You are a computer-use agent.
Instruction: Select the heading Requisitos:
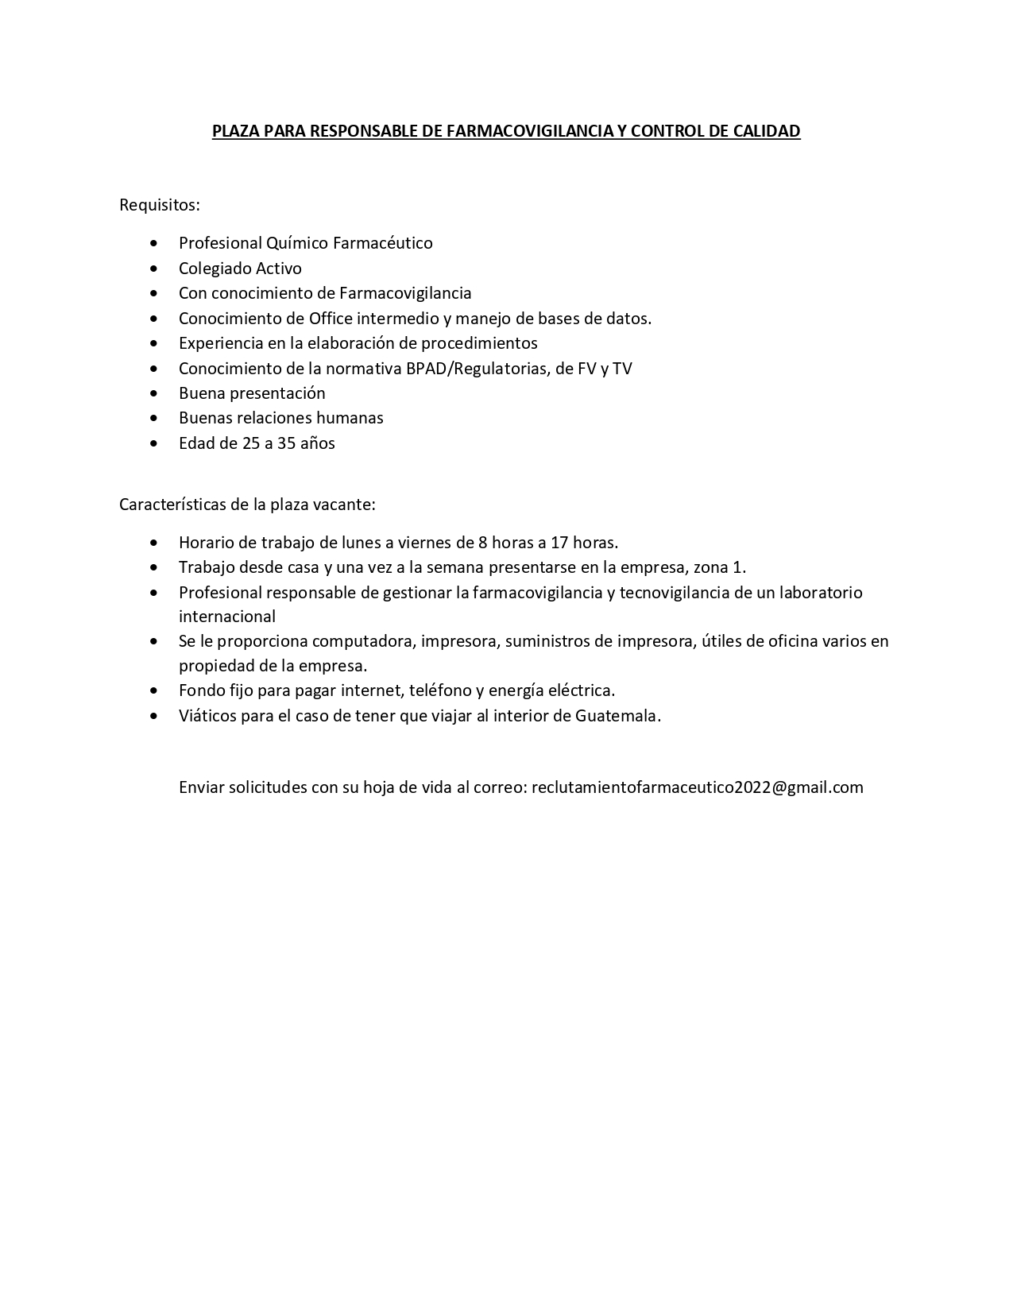click(159, 205)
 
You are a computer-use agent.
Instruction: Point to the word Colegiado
click(215, 269)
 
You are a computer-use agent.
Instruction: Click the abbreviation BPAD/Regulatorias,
click(478, 369)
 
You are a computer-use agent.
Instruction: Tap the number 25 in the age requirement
click(251, 443)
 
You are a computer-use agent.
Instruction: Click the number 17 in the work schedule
click(559, 543)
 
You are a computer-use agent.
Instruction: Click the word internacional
click(227, 617)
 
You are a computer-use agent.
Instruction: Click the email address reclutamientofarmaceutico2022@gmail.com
click(697, 787)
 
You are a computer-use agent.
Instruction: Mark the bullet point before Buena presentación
click(153, 393)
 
